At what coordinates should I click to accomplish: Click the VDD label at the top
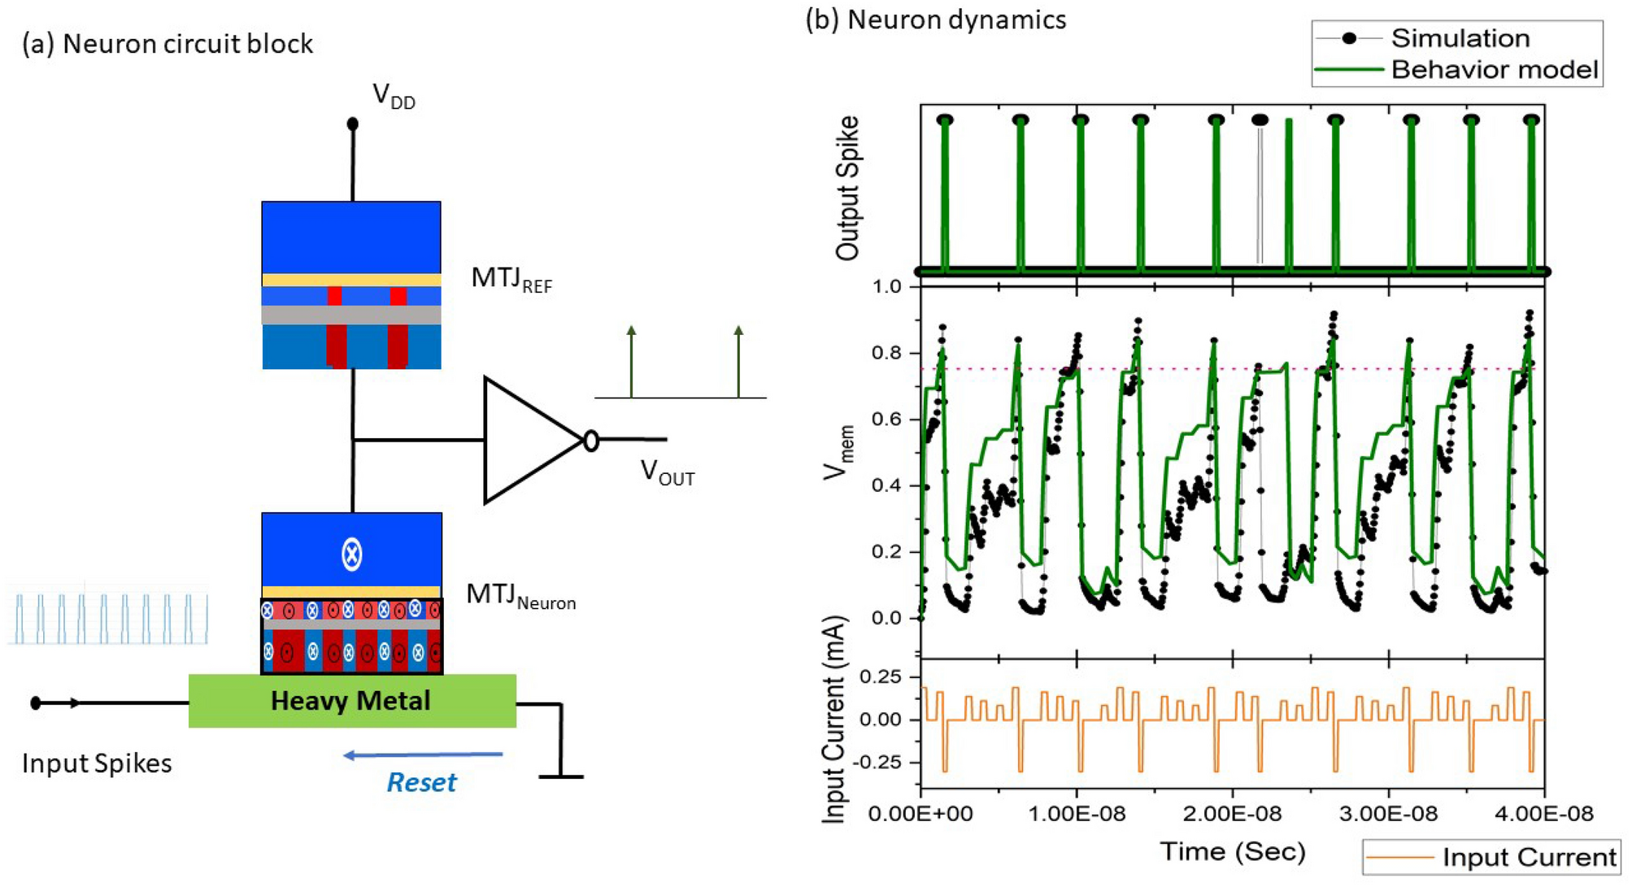[x=393, y=97]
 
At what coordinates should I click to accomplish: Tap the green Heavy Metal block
[x=351, y=701]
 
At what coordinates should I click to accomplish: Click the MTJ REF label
[x=511, y=279]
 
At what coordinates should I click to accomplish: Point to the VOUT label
[x=667, y=472]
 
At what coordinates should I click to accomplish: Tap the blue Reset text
[x=421, y=782]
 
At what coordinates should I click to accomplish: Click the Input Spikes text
[x=97, y=763]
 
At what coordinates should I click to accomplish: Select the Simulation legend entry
[x=1459, y=38]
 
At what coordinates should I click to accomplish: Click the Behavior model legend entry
[x=1494, y=70]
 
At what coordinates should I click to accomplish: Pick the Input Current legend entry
[x=1528, y=858]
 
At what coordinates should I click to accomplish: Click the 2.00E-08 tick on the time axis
[x=1233, y=814]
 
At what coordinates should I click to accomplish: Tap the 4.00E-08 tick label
[x=1544, y=814]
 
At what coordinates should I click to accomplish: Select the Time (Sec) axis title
[x=1232, y=851]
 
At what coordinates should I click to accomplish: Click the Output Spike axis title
[x=847, y=188]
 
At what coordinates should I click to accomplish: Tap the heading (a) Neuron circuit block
[x=168, y=44]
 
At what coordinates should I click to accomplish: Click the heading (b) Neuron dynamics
[x=935, y=20]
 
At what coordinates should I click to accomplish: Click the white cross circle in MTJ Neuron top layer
[x=351, y=554]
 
